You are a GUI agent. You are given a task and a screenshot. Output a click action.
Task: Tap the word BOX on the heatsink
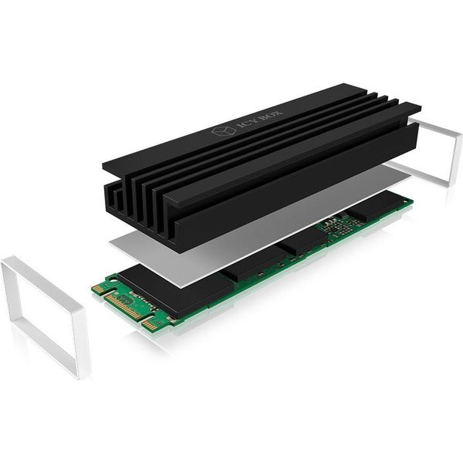tap(272, 115)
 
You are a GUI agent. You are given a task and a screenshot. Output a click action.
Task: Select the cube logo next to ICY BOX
tap(224, 130)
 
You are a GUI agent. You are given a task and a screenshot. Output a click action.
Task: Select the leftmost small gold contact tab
tap(98, 289)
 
